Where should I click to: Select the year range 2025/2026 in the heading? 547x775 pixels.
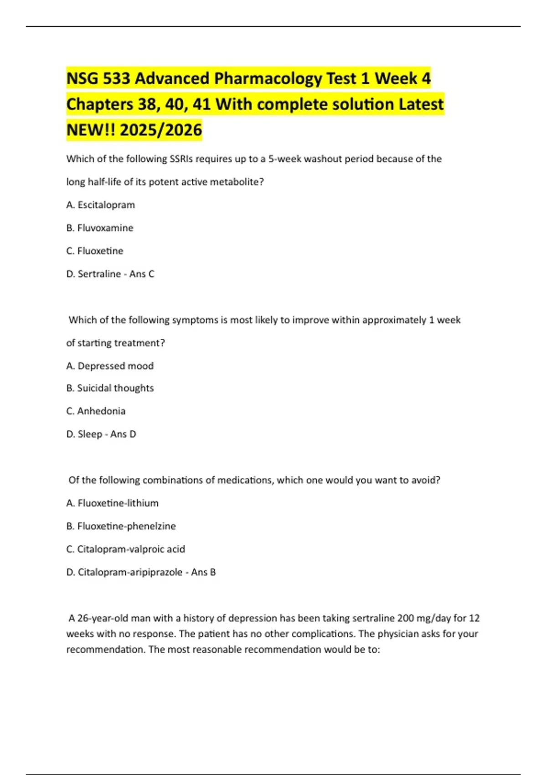click(x=161, y=130)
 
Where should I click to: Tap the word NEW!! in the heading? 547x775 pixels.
click(x=91, y=130)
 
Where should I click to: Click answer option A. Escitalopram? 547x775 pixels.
click(x=101, y=205)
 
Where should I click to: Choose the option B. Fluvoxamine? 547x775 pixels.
click(x=100, y=228)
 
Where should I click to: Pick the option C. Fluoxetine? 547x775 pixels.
click(x=95, y=251)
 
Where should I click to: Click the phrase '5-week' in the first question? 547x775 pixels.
click(x=284, y=159)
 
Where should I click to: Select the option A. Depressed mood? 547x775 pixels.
click(x=110, y=366)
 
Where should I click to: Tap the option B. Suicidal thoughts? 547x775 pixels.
click(x=110, y=388)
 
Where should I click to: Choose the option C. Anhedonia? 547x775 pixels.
click(x=96, y=411)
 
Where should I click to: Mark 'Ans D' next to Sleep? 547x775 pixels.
click(x=123, y=434)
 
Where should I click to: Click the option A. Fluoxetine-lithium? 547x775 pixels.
click(x=113, y=503)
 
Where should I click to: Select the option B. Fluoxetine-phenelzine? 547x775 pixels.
click(x=121, y=526)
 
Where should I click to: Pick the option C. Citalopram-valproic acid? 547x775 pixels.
click(x=126, y=549)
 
